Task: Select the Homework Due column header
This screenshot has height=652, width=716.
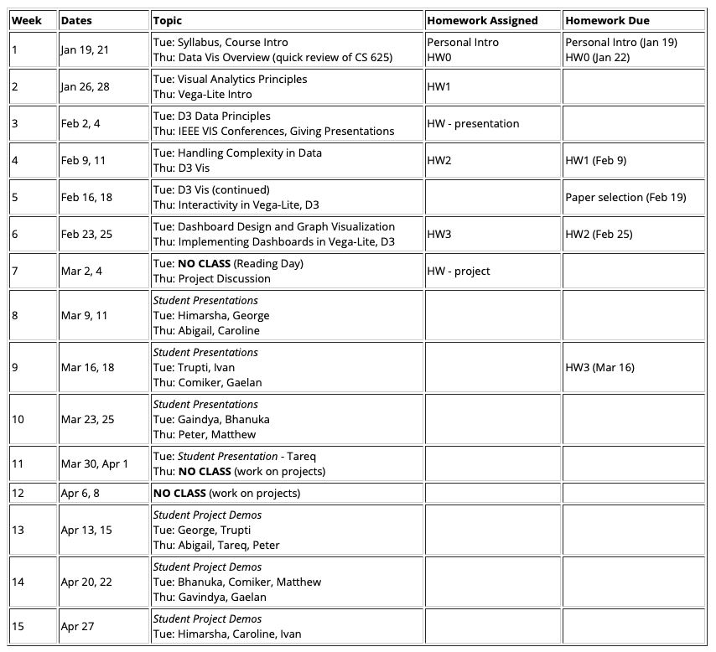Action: click(x=607, y=20)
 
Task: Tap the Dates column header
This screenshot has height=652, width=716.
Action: click(x=76, y=20)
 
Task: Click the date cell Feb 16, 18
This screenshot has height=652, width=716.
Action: click(x=86, y=197)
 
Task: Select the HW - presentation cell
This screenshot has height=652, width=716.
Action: click(x=473, y=123)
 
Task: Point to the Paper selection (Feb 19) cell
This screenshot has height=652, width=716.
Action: click(x=625, y=197)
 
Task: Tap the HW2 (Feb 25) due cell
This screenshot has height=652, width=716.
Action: click(x=604, y=234)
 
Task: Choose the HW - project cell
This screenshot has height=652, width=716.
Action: click(x=458, y=271)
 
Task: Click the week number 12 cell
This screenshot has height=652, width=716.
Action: click(x=18, y=493)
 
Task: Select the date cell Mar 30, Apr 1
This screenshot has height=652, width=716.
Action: click(x=94, y=463)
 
